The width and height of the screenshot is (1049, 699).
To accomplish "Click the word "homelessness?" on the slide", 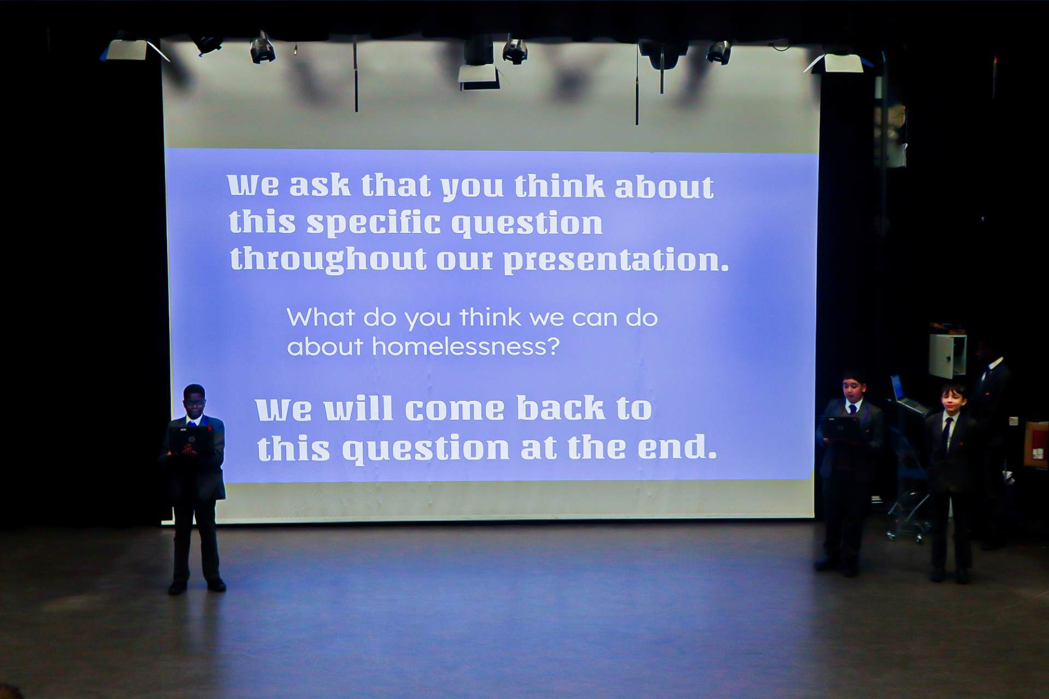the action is click(x=466, y=346).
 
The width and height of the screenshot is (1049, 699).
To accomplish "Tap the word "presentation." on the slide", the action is click(x=616, y=260).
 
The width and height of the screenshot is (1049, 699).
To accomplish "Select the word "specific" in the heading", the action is click(x=374, y=223).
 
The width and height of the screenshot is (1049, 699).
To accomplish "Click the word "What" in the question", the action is click(x=321, y=317).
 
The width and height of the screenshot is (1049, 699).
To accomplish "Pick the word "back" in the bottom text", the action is click(x=561, y=408).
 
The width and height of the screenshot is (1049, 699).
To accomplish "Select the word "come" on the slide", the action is click(x=455, y=410).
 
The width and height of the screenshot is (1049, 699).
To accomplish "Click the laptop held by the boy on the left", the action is click(x=190, y=440).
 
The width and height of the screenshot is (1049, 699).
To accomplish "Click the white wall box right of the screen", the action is click(x=947, y=356).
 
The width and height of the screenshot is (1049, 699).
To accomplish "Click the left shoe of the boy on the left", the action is click(x=178, y=588).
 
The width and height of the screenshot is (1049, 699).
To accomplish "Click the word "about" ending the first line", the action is click(x=664, y=187).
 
